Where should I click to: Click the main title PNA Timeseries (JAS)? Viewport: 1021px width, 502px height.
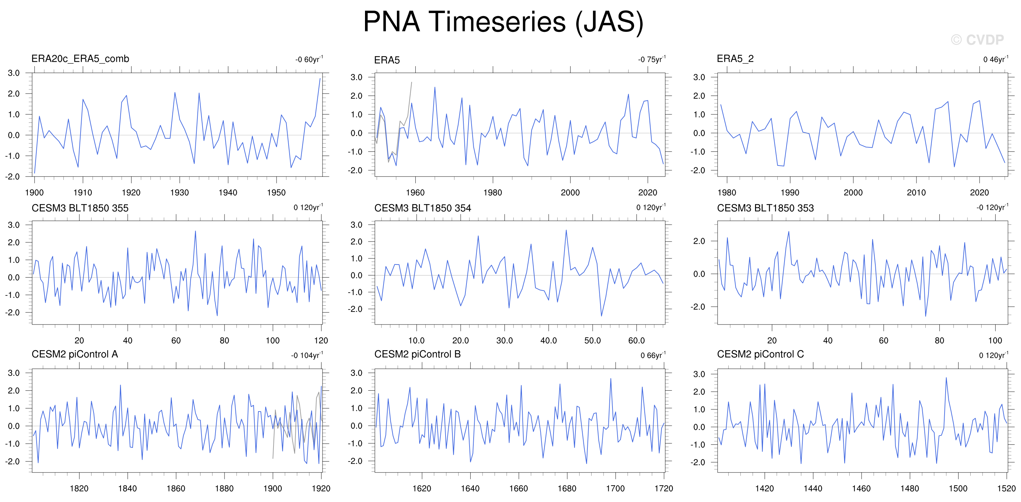tap(503, 22)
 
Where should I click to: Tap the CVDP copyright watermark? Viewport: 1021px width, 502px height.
tap(977, 40)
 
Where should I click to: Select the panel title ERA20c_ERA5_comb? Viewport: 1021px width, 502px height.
tap(80, 59)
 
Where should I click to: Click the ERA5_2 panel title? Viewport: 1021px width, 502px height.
tap(735, 59)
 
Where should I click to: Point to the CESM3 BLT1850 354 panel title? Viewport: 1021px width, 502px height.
tap(423, 208)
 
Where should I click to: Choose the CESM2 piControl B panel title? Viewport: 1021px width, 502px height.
tap(417, 354)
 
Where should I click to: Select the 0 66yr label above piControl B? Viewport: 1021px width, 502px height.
tap(653, 355)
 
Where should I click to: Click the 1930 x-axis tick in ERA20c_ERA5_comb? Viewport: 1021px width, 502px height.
tap(180, 193)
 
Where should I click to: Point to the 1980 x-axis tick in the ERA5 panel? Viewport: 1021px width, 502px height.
tap(493, 193)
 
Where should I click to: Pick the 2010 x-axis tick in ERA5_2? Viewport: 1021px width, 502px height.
tap(916, 193)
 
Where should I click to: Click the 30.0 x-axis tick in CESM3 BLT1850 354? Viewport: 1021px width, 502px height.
tap(505, 340)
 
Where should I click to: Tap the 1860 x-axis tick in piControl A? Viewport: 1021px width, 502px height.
tap(176, 488)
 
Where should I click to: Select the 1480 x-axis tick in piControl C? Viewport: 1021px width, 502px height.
tap(910, 488)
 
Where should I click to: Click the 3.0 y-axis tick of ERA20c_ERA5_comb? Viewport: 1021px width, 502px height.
tap(14, 73)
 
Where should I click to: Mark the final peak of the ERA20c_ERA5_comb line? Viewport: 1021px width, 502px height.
tap(320, 78)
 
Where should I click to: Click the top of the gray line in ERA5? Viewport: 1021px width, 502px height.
tap(411, 82)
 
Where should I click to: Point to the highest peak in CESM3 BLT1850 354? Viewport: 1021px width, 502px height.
tap(566, 230)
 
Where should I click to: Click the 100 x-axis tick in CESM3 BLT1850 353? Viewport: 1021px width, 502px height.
tap(995, 340)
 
